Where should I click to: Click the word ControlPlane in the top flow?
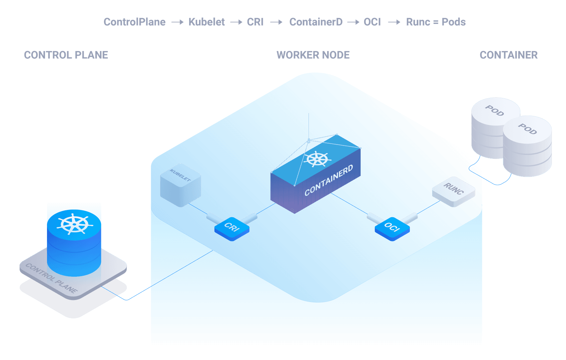coord(134,22)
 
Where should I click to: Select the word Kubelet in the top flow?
coord(206,22)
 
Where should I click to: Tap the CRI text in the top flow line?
coord(255,22)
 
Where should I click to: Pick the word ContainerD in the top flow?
coord(316,22)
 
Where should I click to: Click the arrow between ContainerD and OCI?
coord(353,22)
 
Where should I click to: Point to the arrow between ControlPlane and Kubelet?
coord(177,22)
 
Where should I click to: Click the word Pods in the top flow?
coord(454,22)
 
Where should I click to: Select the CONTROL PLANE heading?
coord(66,55)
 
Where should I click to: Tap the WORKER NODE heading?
coord(313,55)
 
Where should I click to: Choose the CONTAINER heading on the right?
coord(509,55)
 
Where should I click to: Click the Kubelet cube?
coord(180,185)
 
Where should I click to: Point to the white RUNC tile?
coord(454,191)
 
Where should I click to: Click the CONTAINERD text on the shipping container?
coord(329,180)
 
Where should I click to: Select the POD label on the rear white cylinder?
coord(495,111)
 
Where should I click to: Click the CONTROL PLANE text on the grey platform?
coord(51,278)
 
